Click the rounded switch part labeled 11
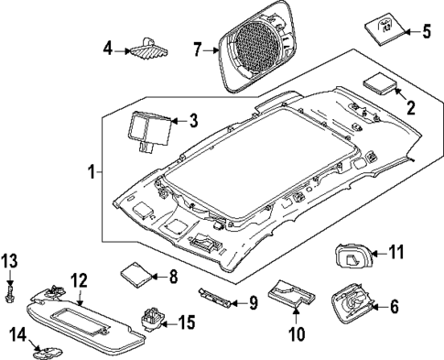click(352, 254)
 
